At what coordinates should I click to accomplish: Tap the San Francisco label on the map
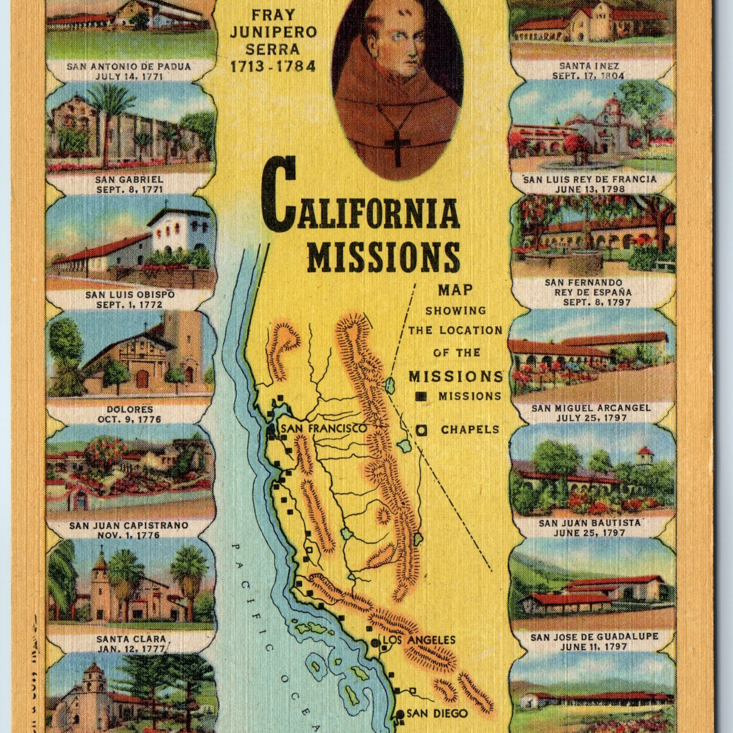click(x=323, y=429)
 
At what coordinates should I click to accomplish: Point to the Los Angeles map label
click(x=419, y=640)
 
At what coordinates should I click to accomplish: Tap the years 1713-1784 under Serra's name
click(x=273, y=66)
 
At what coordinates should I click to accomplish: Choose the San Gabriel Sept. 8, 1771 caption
click(x=129, y=184)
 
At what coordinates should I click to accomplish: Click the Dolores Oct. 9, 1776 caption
click(x=130, y=414)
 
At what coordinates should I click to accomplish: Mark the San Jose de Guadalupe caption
click(x=594, y=641)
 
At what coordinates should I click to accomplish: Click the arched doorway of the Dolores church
click(x=142, y=378)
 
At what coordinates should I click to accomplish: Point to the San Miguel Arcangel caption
click(x=591, y=412)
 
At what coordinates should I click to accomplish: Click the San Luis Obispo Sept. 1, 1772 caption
click(x=130, y=299)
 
